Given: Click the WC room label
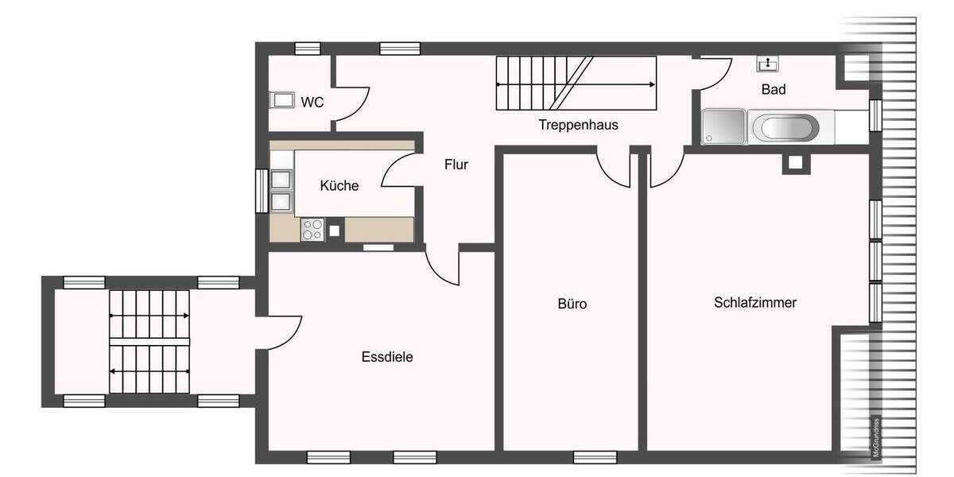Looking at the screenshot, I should (312, 102).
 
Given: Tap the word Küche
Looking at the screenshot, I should (339, 186).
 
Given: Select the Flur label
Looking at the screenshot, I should (456, 165).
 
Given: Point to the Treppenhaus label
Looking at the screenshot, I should (578, 125).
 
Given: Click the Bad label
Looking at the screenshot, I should (774, 90).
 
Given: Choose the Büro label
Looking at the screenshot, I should (572, 304).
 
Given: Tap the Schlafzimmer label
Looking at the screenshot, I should (755, 303).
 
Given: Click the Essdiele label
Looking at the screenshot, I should (387, 357).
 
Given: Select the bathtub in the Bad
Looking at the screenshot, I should (784, 127).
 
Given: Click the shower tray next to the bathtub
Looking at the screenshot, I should (723, 127).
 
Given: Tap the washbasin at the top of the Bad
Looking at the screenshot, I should (768, 63).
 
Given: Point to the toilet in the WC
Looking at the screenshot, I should (281, 101).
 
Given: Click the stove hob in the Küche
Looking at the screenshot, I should (312, 229).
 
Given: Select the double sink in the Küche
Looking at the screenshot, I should (281, 189).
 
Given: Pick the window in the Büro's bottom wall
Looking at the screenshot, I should (595, 457).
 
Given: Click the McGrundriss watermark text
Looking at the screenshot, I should (875, 437).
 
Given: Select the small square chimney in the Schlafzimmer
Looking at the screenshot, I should (796, 164).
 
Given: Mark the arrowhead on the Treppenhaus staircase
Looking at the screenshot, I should (653, 83).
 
